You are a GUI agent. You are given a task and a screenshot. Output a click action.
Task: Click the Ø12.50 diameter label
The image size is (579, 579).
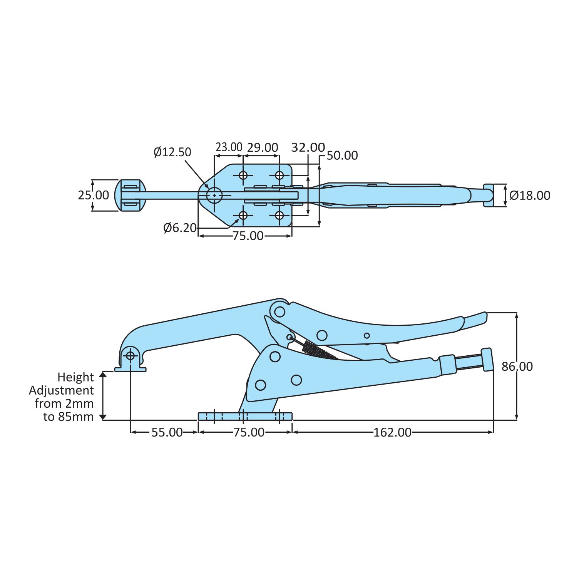coord(172,152)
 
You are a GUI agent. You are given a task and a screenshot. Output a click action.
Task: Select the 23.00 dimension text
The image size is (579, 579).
coord(229,147)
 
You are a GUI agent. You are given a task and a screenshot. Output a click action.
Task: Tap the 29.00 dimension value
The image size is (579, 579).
coord(262,147)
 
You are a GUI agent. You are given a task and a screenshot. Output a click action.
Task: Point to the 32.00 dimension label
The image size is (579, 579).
coord(308,147)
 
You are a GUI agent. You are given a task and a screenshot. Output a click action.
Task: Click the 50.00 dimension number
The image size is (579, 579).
coord(342,156)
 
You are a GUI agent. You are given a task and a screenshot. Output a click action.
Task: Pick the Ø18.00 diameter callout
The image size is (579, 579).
coord(530,196)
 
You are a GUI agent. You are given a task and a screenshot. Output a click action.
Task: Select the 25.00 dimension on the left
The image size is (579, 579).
coord(93,195)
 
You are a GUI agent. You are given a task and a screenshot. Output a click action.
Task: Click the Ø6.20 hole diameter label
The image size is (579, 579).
coord(180,228)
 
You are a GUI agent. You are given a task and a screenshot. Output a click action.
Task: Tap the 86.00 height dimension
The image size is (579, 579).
coord(517,366)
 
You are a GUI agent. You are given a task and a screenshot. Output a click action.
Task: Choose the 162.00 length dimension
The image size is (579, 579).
coord(392,432)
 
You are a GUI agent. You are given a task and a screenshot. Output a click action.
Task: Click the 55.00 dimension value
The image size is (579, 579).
coord(167,432)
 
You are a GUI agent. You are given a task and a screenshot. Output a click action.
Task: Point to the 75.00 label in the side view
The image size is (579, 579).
coord(249,432)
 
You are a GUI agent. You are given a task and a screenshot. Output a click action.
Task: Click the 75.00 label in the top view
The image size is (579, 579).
coord(248,236)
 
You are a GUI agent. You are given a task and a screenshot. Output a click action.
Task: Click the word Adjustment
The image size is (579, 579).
coord(61,390)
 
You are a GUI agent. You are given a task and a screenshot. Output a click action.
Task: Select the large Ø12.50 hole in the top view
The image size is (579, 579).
coord(214,195)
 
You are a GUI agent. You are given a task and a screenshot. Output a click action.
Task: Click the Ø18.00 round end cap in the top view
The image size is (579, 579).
coord(489,195)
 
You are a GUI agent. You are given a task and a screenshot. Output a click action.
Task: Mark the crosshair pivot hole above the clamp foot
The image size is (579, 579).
coord(130,355)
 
